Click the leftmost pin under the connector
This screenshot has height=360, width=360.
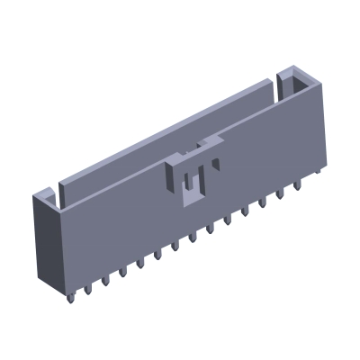(69, 292)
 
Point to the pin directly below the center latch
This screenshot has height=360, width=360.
(192, 236)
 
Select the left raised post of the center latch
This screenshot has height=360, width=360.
(177, 175)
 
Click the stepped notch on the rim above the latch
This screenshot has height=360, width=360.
(205, 144)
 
